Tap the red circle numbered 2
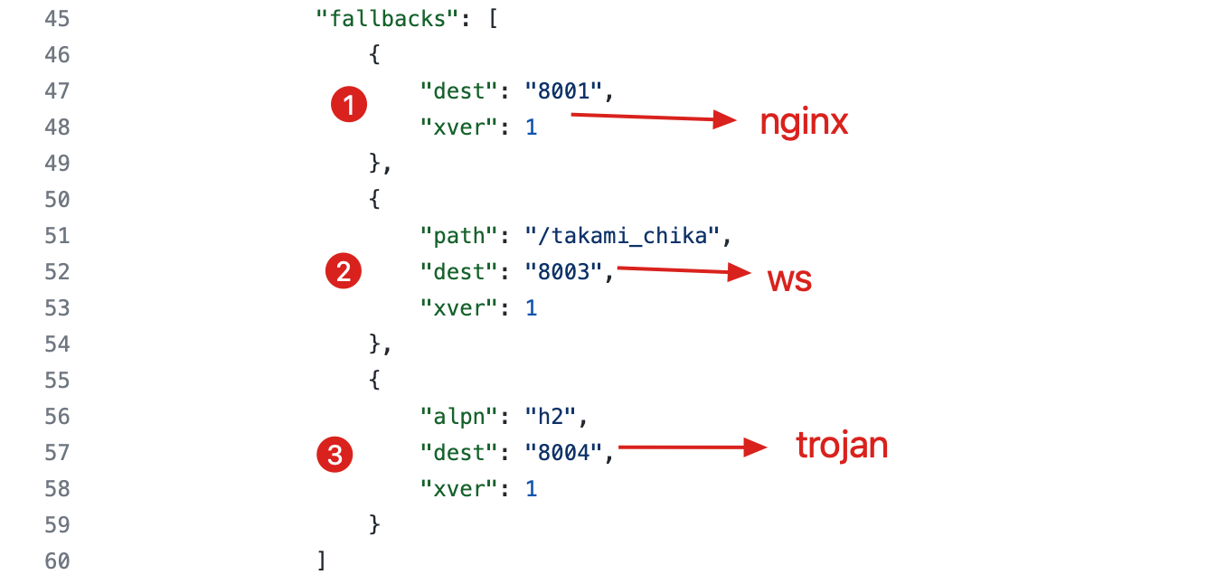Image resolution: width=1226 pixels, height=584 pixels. (343, 272)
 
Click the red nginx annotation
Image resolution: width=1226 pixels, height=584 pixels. (804, 122)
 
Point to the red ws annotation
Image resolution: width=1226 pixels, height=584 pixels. (789, 279)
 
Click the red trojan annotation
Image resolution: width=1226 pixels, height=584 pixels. (842, 445)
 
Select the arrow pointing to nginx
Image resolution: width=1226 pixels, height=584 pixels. (655, 118)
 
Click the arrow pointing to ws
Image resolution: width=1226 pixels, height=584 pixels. (684, 270)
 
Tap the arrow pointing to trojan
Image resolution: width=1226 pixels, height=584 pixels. (693, 447)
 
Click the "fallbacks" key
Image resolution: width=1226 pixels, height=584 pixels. (388, 18)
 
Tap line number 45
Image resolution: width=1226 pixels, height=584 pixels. (57, 18)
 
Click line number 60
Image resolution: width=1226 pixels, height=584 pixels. (57, 560)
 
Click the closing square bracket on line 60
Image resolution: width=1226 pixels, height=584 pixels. (321, 560)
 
